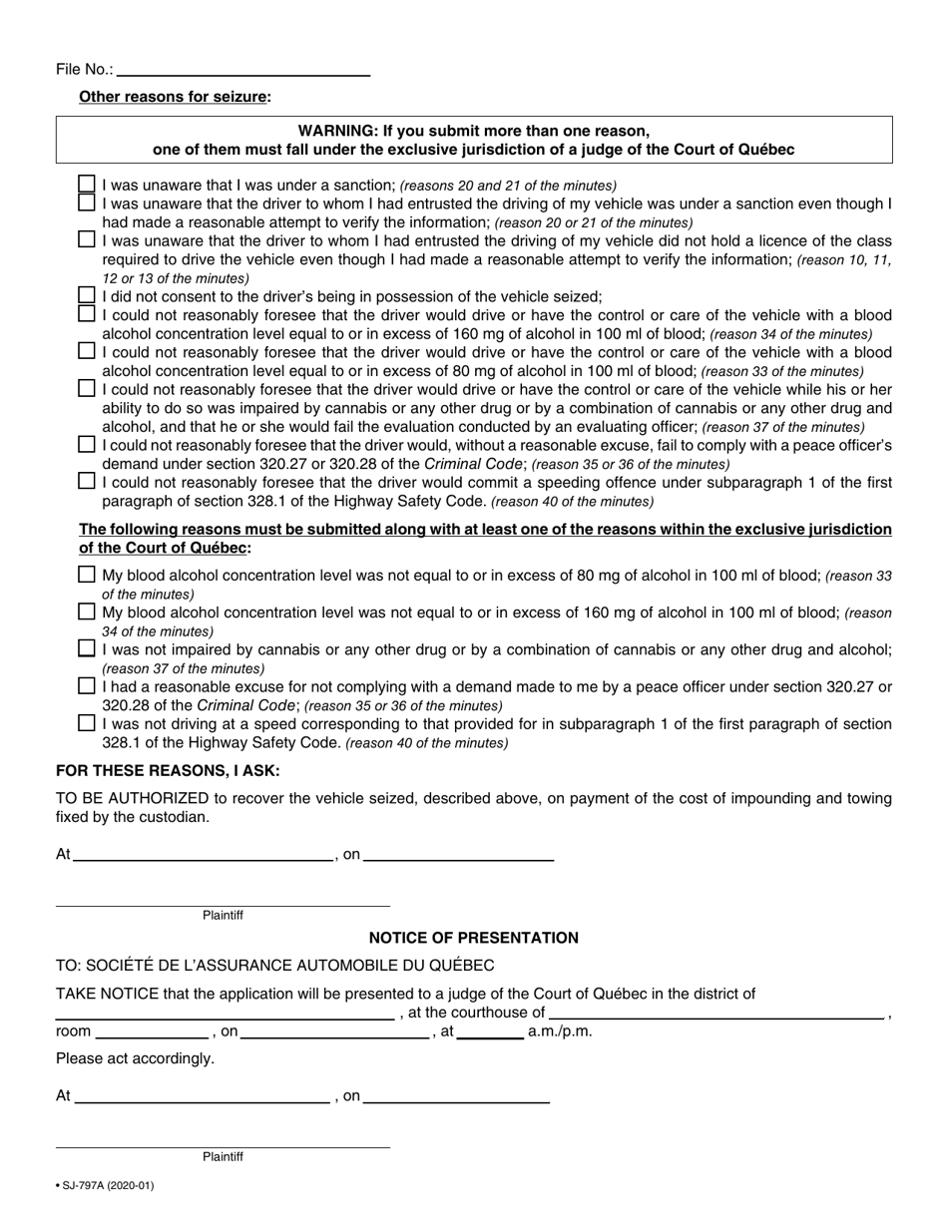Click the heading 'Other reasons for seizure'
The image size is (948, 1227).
click(175, 97)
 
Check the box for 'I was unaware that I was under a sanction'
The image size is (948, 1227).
click(87, 185)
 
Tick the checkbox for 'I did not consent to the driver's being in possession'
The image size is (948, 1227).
click(87, 295)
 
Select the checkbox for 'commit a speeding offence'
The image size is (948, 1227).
click(87, 482)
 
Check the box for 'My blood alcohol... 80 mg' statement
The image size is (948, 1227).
click(87, 575)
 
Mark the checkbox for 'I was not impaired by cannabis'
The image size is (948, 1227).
click(87, 648)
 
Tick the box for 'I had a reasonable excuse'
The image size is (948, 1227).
click(87, 686)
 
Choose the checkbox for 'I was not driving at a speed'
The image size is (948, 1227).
click(87, 723)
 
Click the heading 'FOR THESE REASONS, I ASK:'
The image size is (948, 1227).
click(168, 770)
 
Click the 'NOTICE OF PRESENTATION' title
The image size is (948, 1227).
click(473, 938)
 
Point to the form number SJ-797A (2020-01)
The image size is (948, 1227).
click(105, 1186)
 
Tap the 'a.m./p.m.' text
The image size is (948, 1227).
click(560, 1031)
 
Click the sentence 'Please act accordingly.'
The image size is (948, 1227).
click(135, 1058)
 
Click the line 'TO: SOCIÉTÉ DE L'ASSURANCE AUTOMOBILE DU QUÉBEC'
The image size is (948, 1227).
click(274, 966)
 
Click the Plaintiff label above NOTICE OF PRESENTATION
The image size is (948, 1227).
click(223, 915)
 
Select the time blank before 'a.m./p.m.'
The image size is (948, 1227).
click(491, 1031)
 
